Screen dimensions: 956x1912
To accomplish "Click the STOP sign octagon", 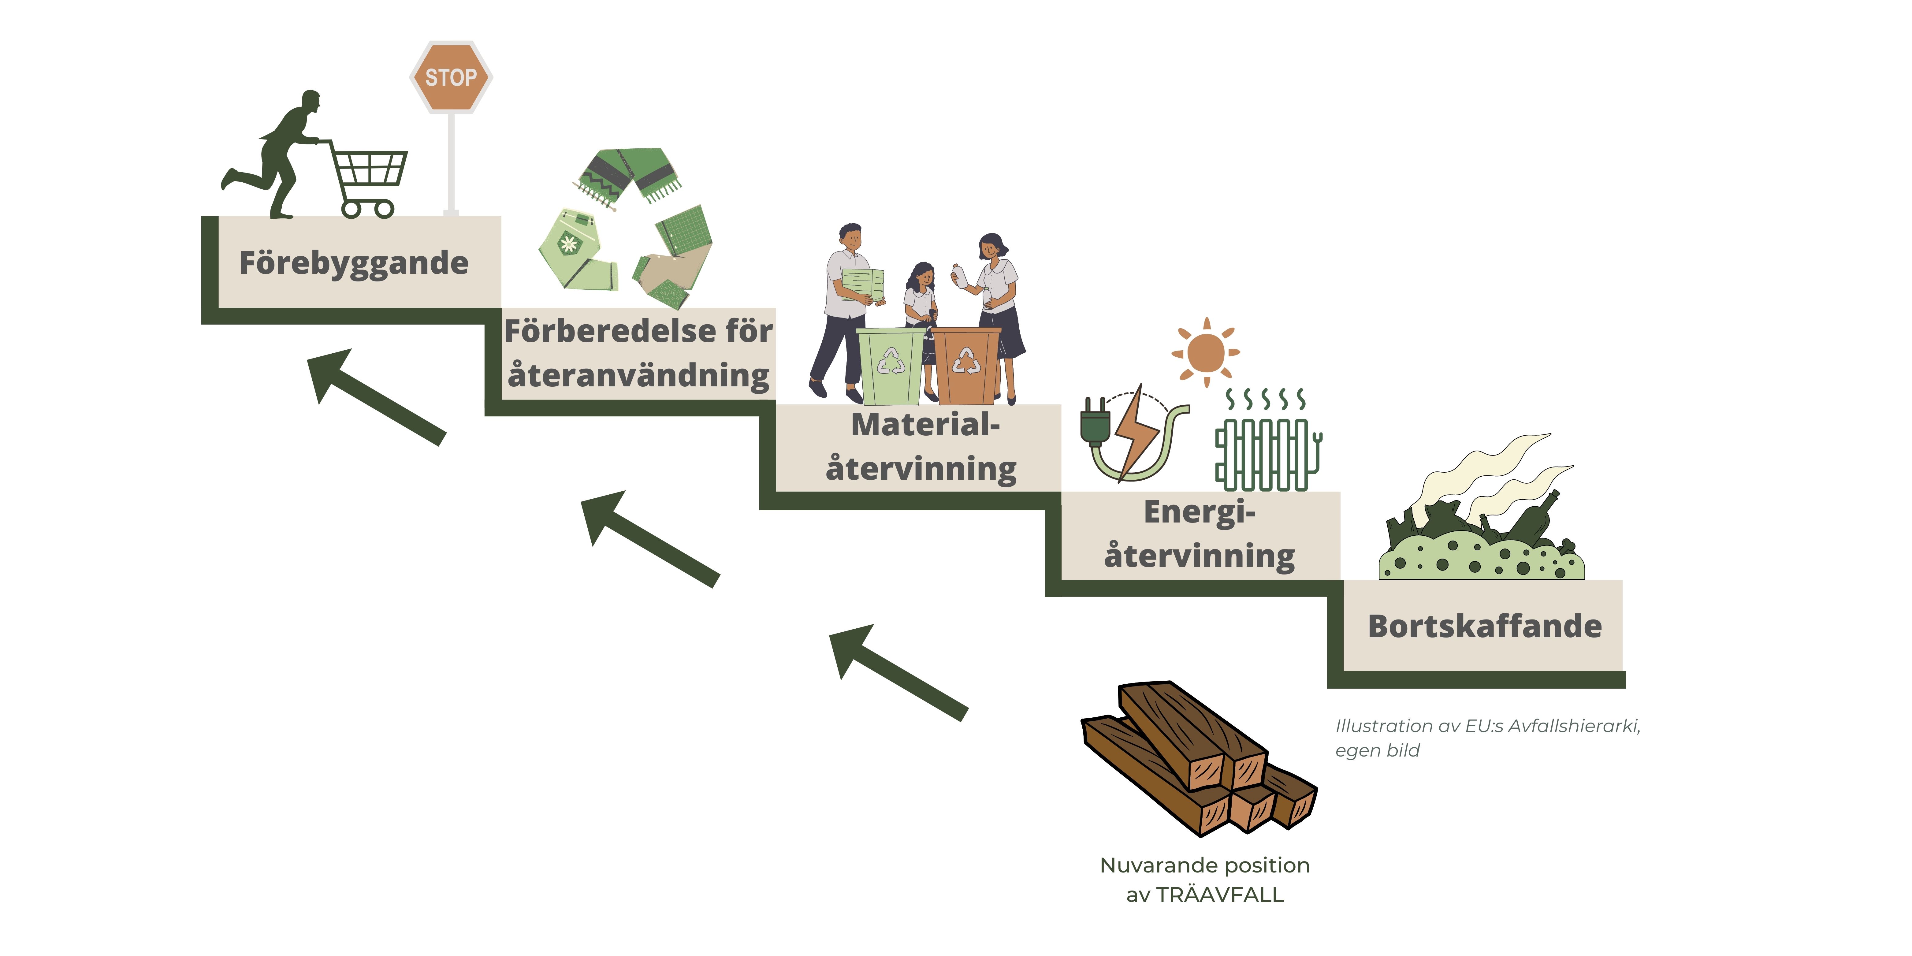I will click(x=451, y=77).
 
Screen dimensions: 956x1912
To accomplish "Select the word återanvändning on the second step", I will click(x=638, y=375).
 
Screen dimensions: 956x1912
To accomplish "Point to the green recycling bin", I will click(x=891, y=365).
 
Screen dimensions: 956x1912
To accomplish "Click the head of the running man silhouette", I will click(x=310, y=102).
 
